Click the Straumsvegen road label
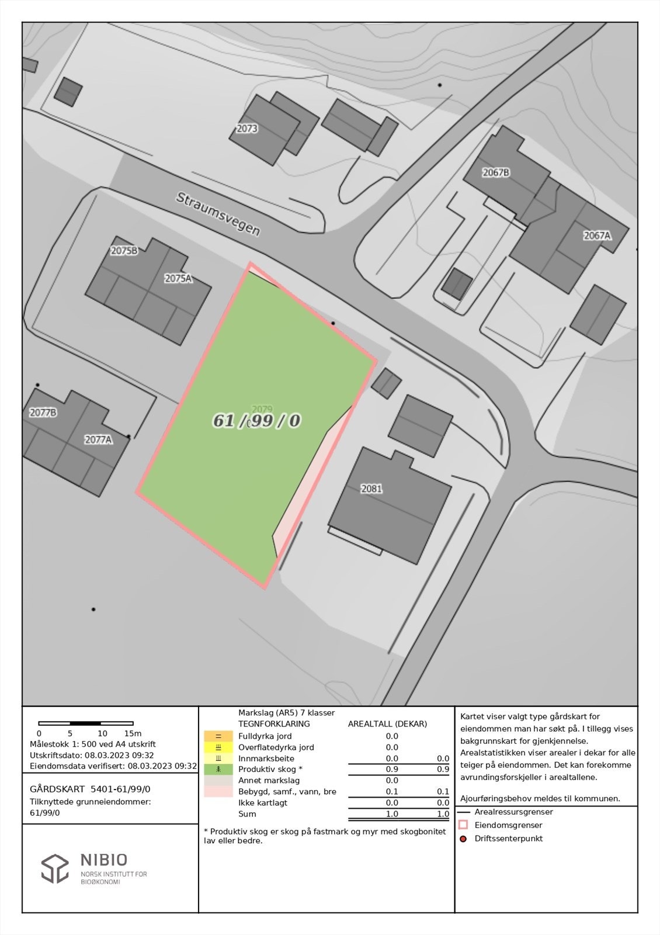pos(218,214)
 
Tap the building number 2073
pos(246,129)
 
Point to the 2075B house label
pos(124,251)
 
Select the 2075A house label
pos(178,278)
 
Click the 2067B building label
pos(495,172)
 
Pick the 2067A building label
pos(597,236)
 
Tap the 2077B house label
pos(43,413)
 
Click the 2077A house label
pos(98,439)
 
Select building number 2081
pos(371,489)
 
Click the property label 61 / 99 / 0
pos(256,421)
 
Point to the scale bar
pos(86,723)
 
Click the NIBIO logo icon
pos(55,868)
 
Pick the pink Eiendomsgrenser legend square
pos(464,825)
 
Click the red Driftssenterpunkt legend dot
pos(464,839)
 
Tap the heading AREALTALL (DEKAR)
pos(387,723)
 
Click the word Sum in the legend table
pos(247,814)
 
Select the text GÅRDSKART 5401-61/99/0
pos(90,789)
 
